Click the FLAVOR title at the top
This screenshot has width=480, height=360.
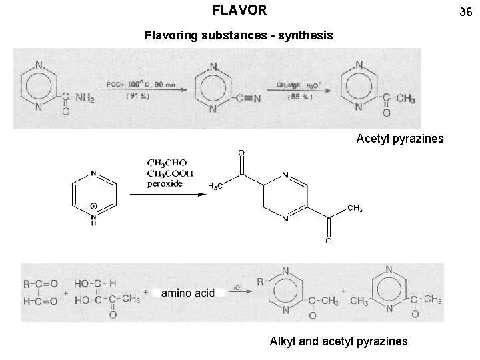tap(239, 10)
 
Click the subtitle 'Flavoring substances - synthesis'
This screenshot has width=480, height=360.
tap(239, 35)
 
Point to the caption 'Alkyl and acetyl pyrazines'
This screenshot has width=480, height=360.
tap(338, 341)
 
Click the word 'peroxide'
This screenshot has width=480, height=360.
tap(165, 184)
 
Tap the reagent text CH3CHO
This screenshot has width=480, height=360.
tap(167, 163)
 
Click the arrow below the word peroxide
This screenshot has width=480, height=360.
tap(174, 195)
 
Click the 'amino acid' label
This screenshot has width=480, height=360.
tap(187, 293)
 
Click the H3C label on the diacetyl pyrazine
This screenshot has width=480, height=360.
tap(215, 186)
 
